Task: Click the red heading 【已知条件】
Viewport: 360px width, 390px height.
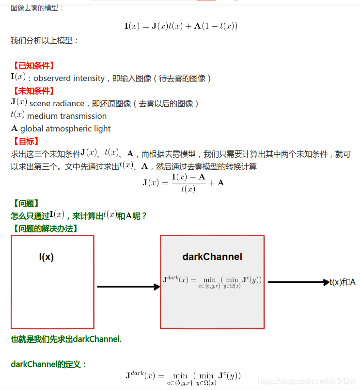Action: coord(33,65)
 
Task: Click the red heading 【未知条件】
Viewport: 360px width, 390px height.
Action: coord(33,91)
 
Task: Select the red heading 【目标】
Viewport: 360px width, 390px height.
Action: coord(25,141)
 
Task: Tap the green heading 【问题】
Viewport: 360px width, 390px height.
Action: coord(25,204)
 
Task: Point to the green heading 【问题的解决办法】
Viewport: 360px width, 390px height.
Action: coord(45,228)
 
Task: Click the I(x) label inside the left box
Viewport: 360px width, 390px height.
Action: coord(47,257)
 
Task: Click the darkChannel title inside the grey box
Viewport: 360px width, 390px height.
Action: coord(212,257)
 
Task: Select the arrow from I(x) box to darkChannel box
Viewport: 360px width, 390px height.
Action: coord(128,287)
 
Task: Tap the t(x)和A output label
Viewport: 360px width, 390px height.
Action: coord(343,282)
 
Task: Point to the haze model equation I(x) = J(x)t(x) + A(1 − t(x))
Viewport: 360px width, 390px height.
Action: coord(181,26)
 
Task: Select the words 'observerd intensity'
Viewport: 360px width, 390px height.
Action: coord(69,78)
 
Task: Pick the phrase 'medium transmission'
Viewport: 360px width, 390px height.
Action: coord(67,116)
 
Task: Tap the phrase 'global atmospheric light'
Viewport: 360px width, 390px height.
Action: coord(65,129)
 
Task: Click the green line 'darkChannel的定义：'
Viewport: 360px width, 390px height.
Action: coord(49,364)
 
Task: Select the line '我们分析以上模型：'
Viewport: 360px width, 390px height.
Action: coord(45,41)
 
